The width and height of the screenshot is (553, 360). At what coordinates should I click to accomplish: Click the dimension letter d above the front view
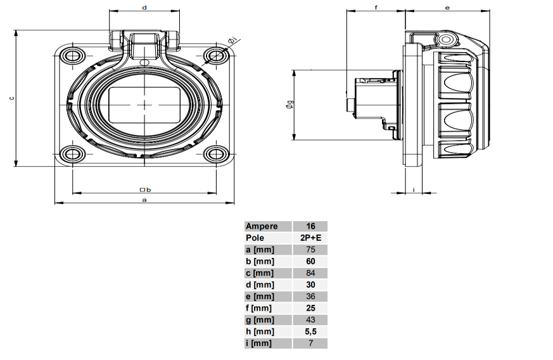(144, 8)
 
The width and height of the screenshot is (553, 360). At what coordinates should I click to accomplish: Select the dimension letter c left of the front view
(11, 99)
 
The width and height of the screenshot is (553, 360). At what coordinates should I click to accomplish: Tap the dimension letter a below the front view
(144, 199)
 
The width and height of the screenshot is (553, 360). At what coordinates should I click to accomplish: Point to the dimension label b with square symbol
(144, 189)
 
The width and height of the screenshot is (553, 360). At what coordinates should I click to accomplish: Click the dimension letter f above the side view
(376, 8)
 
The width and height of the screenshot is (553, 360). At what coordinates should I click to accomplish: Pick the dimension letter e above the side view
(447, 8)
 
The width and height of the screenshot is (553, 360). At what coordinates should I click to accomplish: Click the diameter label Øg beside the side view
(289, 106)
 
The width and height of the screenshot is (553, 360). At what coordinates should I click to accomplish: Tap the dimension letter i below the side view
(414, 189)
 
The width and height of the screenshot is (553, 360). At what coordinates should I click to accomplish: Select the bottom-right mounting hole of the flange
(217, 153)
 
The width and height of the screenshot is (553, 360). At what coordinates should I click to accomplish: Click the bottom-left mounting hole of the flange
(73, 153)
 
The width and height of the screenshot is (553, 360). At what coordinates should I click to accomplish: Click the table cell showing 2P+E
(310, 238)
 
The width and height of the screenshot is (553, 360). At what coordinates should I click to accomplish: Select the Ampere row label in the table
(261, 226)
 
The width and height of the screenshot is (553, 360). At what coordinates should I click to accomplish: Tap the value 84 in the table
(310, 273)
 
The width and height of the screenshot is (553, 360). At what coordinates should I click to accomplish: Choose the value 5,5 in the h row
(310, 331)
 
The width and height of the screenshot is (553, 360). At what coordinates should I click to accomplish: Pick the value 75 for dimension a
(310, 250)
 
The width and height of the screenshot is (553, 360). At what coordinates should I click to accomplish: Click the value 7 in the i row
(310, 344)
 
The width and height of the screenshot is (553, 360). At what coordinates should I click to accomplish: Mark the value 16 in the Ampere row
(310, 226)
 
